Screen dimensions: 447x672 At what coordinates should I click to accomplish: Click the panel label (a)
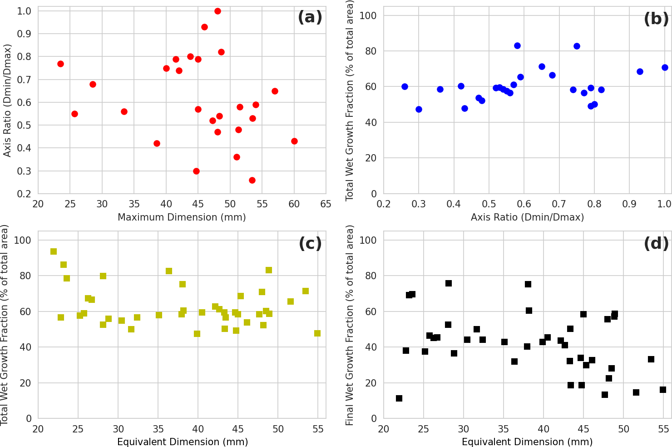pos(310,18)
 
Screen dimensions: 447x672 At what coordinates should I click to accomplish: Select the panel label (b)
pos(656,19)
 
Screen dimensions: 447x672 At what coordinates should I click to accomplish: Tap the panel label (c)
pos(310,244)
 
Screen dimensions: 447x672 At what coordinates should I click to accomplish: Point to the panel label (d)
pos(656,244)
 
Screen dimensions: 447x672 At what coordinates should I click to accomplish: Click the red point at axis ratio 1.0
pos(217,11)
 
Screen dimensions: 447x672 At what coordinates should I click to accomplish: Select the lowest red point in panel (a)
pos(252,180)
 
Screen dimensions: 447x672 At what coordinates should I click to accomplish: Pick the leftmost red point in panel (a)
pos(60,64)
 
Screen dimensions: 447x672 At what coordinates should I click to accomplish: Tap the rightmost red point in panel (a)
pos(294,141)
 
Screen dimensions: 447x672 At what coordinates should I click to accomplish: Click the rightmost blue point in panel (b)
pos(665,67)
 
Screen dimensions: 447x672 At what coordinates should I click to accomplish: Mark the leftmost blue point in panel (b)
pos(405,86)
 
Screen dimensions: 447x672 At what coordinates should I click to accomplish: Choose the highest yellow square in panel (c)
pos(54,251)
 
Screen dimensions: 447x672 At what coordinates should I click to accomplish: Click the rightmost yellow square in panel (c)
pos(317,333)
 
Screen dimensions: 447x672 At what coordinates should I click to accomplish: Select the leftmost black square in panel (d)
pos(399,398)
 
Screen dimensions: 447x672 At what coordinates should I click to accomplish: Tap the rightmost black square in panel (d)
pos(663,390)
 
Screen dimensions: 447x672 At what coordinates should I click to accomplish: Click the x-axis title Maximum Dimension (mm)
pos(182,217)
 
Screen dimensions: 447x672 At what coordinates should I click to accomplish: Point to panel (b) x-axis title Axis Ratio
pos(527,217)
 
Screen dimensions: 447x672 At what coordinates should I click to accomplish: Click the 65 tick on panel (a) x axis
pos(326,204)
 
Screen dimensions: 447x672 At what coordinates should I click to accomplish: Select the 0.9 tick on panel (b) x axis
pos(629,204)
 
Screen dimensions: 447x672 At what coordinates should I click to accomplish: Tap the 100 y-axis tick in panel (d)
pos(371,240)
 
